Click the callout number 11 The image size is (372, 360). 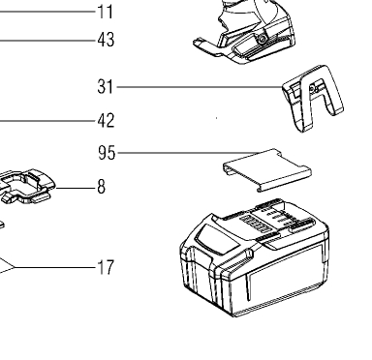[106, 13]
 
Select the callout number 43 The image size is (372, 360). [106, 40]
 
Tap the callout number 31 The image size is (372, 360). [106, 87]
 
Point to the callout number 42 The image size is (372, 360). [106, 121]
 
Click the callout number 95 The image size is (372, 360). [107, 153]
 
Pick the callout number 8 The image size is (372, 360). [101, 187]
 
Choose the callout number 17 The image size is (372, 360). [106, 267]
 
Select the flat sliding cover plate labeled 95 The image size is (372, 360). [267, 170]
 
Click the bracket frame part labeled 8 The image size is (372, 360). [26, 186]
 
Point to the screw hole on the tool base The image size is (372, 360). [262, 40]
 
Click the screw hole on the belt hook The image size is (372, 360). [312, 89]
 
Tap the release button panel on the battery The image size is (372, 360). [216, 239]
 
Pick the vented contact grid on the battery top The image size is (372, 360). [256, 224]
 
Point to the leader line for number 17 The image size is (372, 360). [54, 267]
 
